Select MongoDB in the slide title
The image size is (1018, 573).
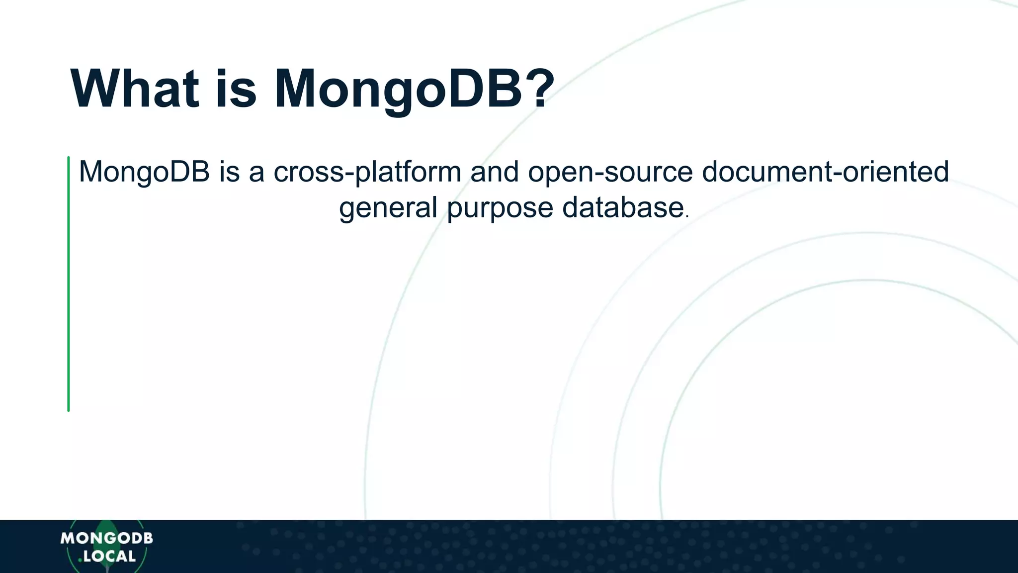[x=398, y=90]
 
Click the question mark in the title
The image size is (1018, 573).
[x=540, y=89]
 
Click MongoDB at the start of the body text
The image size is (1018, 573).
[x=144, y=172]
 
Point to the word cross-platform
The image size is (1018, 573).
[x=367, y=172]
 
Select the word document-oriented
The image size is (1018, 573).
[x=825, y=172]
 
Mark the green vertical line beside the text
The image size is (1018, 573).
[x=69, y=284]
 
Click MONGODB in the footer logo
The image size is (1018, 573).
[x=106, y=538]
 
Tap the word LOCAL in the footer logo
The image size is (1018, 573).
[x=109, y=557]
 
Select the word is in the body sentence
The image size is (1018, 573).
[x=230, y=172]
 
